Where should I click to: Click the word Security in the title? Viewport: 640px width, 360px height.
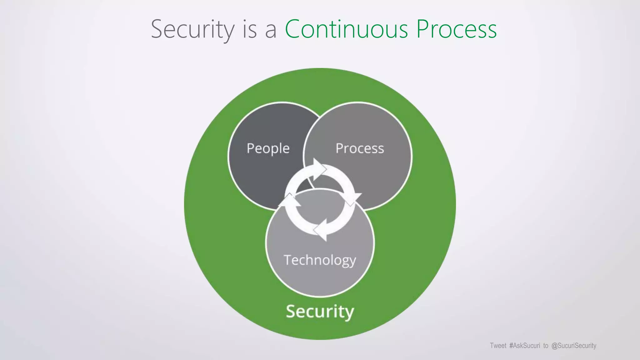192,29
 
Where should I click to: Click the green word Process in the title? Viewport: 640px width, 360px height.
457,29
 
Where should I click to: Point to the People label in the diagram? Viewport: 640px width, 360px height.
268,148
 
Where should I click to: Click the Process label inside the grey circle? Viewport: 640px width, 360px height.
360,148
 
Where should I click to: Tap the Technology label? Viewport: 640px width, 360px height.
320,260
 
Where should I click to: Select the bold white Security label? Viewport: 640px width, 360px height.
320,311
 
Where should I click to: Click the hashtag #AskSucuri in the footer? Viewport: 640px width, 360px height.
524,346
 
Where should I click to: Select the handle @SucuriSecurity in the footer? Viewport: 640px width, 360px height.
574,346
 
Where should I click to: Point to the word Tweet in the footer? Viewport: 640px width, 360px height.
498,346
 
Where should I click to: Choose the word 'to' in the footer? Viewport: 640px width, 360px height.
546,346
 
